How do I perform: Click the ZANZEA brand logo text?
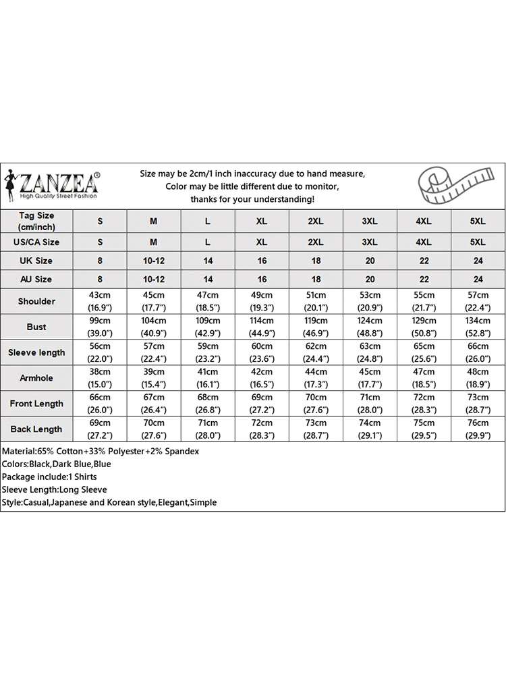[59, 182]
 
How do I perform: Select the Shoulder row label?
[36, 301]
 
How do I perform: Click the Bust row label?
[36, 327]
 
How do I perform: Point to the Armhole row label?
[36, 378]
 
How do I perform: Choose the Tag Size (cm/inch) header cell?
[36, 221]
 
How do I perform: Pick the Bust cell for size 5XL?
[478, 327]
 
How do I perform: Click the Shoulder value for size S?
[100, 301]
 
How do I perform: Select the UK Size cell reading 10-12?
[154, 261]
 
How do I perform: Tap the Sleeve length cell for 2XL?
[316, 352]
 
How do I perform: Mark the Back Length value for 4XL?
[424, 429]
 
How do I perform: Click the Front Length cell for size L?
[208, 404]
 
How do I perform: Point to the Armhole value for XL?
[262, 378]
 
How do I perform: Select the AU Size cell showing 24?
[478, 279]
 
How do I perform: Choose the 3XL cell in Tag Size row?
[370, 221]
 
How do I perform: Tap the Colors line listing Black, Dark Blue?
[57, 464]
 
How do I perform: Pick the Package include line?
[51, 477]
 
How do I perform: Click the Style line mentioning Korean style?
[109, 502]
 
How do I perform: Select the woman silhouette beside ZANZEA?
[9, 184]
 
